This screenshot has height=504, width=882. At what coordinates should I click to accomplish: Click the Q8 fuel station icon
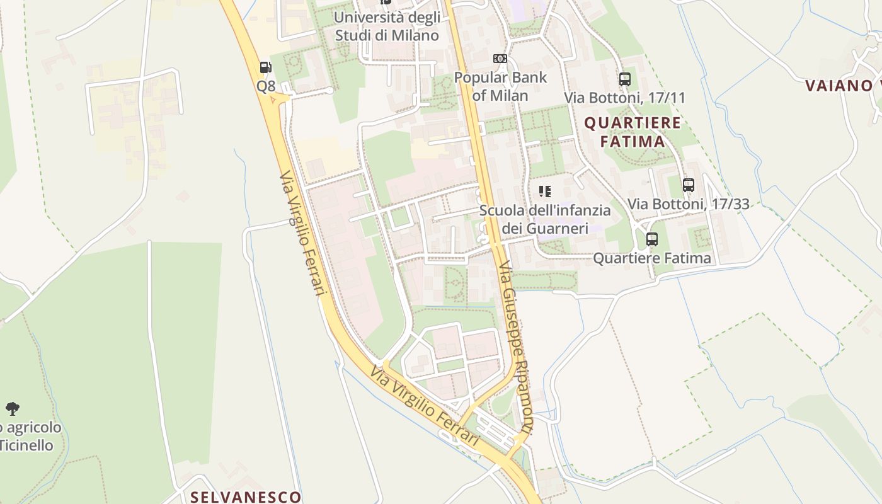265,67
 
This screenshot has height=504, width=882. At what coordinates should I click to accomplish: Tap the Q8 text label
266,86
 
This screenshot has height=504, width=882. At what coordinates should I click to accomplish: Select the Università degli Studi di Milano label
387,26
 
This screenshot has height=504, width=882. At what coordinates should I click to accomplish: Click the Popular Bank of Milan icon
500,59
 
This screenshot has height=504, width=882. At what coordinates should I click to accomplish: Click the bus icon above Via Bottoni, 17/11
625,79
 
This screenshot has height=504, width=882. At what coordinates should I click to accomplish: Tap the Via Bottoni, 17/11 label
624,98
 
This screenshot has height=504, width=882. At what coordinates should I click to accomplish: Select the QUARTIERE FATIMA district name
633,132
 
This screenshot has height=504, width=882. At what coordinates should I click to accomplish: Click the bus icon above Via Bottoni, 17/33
689,185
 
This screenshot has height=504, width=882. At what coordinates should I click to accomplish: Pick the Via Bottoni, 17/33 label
689,204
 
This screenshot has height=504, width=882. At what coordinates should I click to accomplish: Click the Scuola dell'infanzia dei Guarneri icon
545,191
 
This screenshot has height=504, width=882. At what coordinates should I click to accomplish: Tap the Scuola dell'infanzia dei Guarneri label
545,219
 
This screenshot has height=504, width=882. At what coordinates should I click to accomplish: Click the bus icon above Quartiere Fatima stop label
652,239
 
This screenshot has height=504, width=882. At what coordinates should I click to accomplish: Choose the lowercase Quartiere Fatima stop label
652,258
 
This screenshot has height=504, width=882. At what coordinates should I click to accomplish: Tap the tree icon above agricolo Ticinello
12,408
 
